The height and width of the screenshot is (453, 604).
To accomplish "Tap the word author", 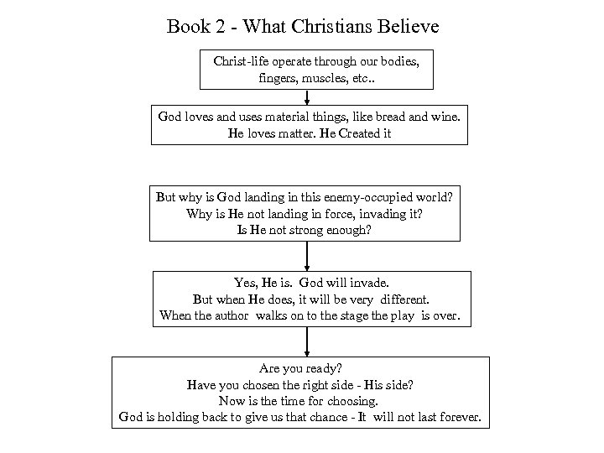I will pos(231,316).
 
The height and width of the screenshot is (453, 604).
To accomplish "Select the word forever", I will pos(456,417).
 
